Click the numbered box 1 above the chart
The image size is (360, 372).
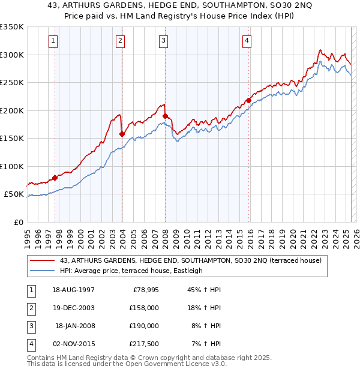[x=53, y=41]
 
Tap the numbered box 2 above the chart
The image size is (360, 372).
[x=121, y=41]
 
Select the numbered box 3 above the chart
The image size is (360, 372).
[x=163, y=41]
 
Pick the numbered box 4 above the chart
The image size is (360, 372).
[x=247, y=41]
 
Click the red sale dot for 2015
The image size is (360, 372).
[x=248, y=101]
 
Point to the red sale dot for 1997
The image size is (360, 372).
[x=55, y=178]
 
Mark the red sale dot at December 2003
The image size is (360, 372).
[x=122, y=134]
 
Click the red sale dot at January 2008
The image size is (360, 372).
[x=165, y=116]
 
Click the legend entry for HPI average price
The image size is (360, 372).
[x=131, y=271]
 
